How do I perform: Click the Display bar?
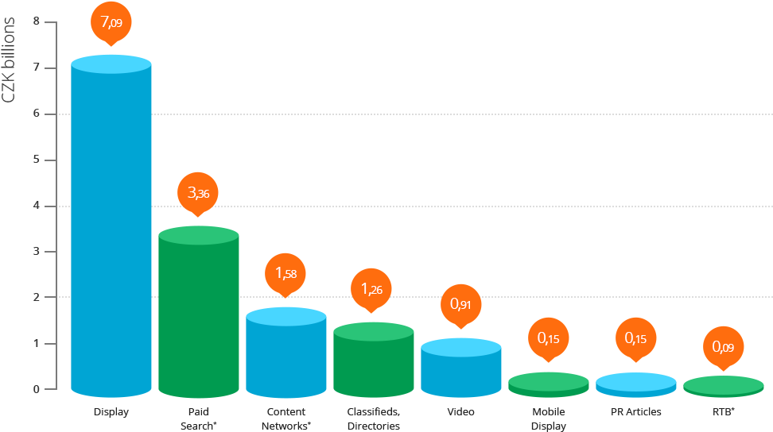click(x=111, y=230)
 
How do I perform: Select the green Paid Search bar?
click(x=199, y=314)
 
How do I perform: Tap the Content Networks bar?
click(x=286, y=353)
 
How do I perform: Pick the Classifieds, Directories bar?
click(x=374, y=361)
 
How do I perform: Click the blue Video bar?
click(x=461, y=369)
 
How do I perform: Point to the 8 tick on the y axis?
click(x=37, y=21)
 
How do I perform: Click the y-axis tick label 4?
click(x=37, y=206)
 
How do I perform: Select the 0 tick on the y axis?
click(x=37, y=390)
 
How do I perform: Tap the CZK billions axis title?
click(x=10, y=59)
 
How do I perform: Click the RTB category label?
click(x=723, y=412)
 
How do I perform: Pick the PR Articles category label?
click(x=635, y=412)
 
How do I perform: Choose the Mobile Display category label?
click(x=549, y=418)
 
